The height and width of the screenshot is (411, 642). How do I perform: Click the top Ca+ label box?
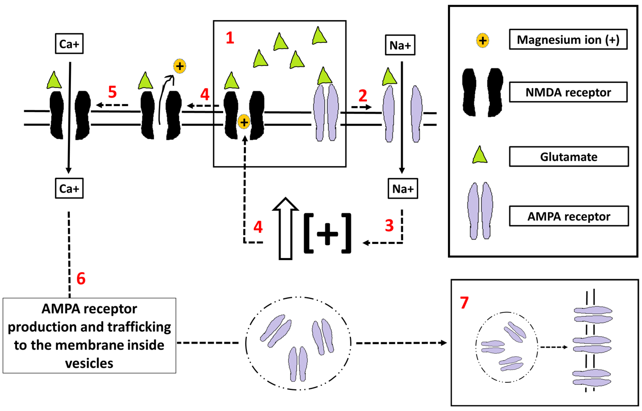tap(69, 44)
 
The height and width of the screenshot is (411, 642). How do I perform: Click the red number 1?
tap(230, 38)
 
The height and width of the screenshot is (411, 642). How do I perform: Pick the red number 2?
tap(362, 94)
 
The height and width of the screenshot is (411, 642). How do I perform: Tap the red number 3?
tap(389, 225)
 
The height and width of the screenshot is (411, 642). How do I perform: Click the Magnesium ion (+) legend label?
tap(569, 40)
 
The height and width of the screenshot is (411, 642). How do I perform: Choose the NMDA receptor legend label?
tap(569, 92)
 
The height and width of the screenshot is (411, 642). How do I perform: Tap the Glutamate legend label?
tap(569, 156)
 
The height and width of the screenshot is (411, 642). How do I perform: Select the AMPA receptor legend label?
tap(569, 217)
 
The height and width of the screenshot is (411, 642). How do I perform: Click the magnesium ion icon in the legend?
tap(482, 41)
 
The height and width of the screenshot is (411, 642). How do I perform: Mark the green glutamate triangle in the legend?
tap(480, 155)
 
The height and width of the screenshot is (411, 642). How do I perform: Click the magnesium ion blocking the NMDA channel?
tap(244, 121)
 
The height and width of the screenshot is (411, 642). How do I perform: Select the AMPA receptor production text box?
tap(89, 335)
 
